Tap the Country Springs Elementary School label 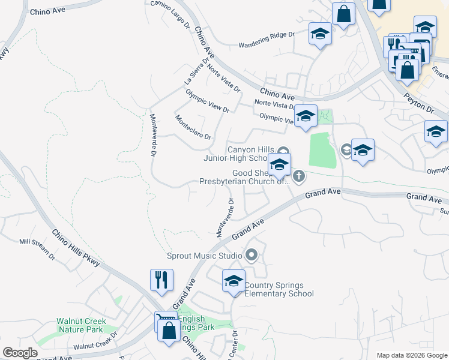point(279,289)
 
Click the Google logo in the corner point(20,353)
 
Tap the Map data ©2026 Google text point(412,355)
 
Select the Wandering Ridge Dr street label point(267,40)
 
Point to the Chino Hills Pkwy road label point(76,248)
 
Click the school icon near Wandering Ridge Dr point(320,34)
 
